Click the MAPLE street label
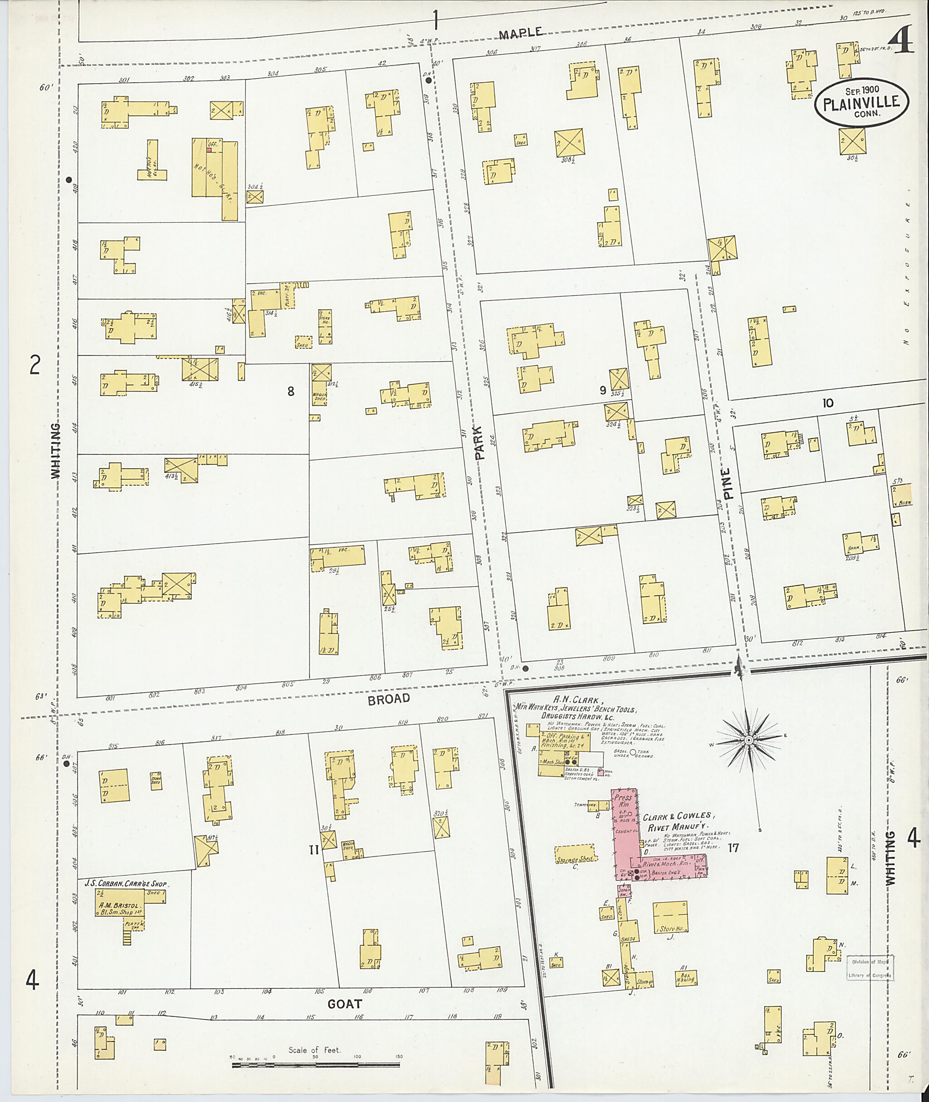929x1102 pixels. point(520,34)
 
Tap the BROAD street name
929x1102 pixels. point(389,699)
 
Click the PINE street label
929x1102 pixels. point(728,484)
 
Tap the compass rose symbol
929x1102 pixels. point(748,740)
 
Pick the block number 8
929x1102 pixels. point(290,391)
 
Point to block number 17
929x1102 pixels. point(733,847)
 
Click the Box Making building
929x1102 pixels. point(686,978)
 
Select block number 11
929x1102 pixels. point(313,850)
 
